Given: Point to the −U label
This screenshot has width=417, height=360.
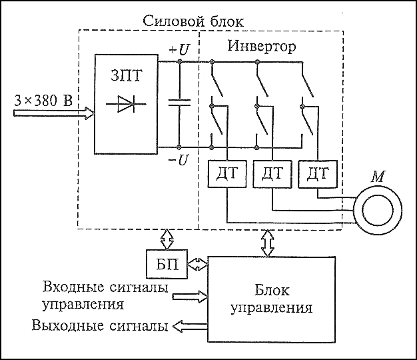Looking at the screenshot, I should click(179, 161).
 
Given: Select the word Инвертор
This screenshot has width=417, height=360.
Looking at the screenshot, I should click(261, 48).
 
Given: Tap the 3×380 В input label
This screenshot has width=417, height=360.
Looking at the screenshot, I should click(44, 101).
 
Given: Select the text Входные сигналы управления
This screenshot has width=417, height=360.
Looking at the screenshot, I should click(103, 295).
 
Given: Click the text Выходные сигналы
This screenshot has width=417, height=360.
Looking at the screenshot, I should click(99, 327).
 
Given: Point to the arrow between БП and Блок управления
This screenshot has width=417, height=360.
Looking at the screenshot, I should click(197, 265).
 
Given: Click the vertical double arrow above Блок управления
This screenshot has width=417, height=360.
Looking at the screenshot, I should click(269, 243).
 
